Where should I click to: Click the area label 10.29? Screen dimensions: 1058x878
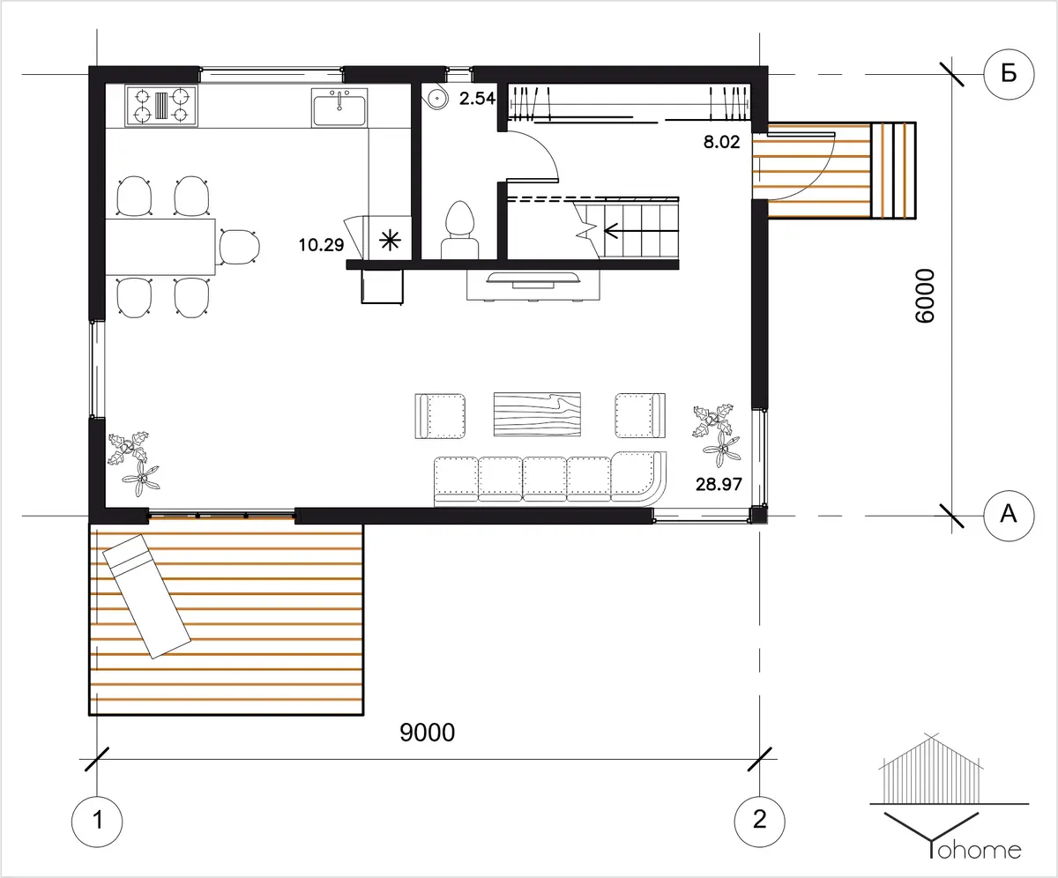[x=321, y=245]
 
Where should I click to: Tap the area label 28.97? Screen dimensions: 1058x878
[x=719, y=484]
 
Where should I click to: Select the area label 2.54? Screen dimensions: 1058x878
[x=477, y=98]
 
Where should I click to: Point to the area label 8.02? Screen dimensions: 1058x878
[x=721, y=142]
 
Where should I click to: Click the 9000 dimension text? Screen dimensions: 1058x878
[x=427, y=733]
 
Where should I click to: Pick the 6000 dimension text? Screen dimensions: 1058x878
[x=925, y=296]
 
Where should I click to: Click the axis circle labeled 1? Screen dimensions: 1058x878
[x=97, y=822]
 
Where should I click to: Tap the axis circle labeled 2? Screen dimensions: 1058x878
[x=759, y=822]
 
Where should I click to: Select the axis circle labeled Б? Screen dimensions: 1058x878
[x=1009, y=74]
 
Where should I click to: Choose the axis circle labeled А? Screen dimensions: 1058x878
[x=1009, y=516]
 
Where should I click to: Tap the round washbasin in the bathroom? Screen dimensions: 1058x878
[x=436, y=97]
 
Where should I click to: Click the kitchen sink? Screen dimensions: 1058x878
[x=339, y=108]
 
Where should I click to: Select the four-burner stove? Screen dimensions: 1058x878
[x=161, y=106]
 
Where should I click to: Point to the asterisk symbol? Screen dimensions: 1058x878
[x=391, y=240]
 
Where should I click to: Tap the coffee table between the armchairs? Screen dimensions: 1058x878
[x=537, y=414]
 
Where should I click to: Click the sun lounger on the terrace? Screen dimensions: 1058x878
[x=147, y=596]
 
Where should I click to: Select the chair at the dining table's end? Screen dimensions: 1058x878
[x=240, y=247]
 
